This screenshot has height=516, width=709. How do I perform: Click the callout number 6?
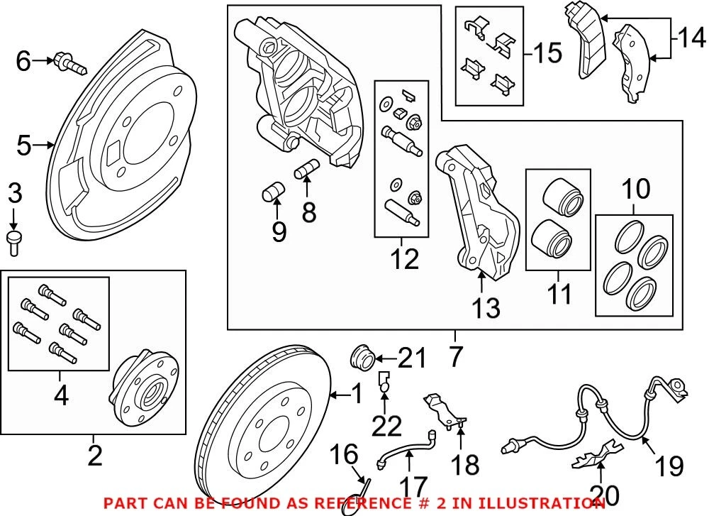pos(23,62)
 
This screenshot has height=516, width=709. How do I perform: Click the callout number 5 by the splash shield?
pos(24,146)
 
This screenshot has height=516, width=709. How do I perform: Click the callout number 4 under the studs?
pos(61,396)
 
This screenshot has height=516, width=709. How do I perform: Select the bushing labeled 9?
pos(272,191)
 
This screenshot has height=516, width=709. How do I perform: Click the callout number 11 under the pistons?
pos(559,293)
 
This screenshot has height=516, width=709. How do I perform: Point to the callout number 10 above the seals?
pos(635,190)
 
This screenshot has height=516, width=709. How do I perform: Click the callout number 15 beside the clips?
pos(547,53)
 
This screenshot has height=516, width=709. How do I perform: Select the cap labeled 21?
pos(363,356)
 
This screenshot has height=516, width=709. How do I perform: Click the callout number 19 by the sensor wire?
pos(668,466)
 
